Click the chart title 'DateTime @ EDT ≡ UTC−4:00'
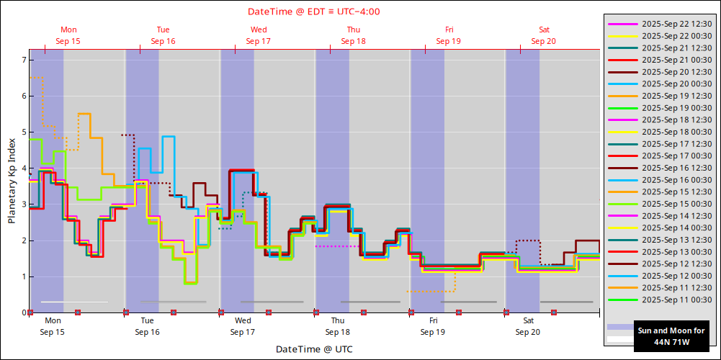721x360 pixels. pos(314,12)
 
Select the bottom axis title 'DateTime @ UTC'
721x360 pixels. pos(313,349)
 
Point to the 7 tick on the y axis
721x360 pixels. pos(23,59)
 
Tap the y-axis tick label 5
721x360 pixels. pos(23,132)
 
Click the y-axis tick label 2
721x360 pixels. pos(23,240)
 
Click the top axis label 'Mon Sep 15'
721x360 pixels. pos(68,35)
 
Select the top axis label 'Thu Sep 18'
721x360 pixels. pos(353,35)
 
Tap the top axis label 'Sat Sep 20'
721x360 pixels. pos(544,35)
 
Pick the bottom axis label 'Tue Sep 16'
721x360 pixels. pos(147,326)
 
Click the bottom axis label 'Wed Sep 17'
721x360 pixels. pos(243,326)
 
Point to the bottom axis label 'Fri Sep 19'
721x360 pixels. pos(433,326)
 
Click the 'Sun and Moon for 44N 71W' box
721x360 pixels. pos(671,336)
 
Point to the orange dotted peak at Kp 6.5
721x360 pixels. pos(36,77)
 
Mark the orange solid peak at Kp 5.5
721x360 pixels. pos(84,114)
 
